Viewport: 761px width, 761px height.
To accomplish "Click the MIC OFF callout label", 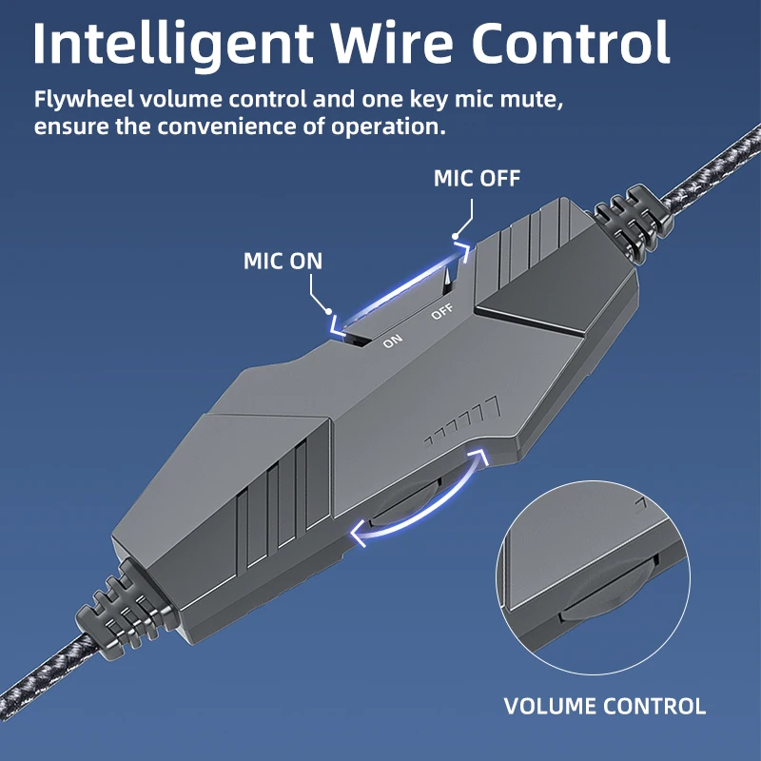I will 477,178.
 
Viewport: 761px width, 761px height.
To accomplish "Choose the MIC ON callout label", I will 283,261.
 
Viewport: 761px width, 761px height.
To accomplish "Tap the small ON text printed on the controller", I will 393,341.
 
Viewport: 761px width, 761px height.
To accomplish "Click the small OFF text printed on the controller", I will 442,312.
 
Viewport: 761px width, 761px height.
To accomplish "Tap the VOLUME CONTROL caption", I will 604,706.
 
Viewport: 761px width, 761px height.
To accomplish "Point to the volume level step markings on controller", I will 465,423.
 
